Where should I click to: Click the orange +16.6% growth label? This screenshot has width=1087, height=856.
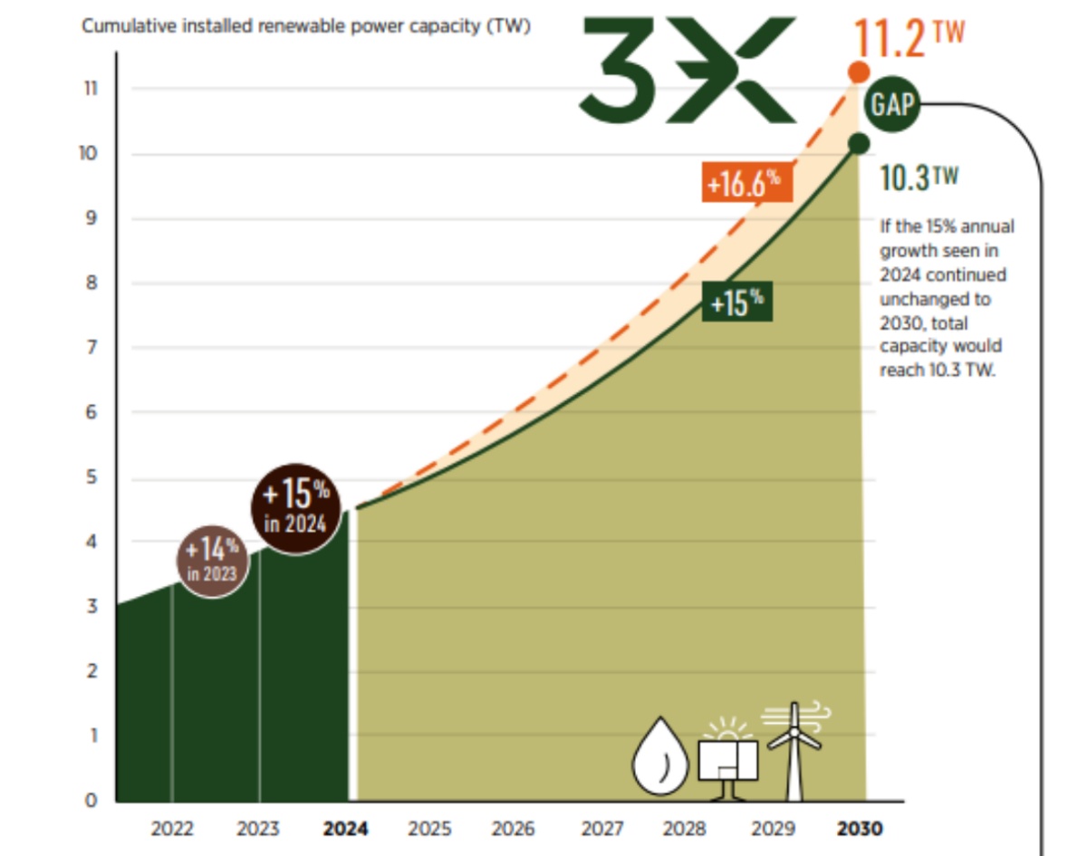(x=746, y=183)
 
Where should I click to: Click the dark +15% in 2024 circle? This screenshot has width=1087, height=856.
(x=295, y=507)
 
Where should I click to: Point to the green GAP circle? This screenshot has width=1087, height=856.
(x=892, y=104)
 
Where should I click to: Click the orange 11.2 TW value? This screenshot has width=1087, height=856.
(x=909, y=38)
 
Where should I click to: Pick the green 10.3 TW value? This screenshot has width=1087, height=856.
(x=919, y=178)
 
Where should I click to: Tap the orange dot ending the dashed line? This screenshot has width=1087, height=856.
(x=858, y=72)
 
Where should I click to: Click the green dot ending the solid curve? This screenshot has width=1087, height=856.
(x=859, y=143)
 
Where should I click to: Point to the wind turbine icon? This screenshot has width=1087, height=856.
(x=794, y=747)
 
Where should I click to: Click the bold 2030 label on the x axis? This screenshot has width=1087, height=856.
(x=859, y=829)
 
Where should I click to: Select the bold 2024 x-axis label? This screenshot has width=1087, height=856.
(x=345, y=829)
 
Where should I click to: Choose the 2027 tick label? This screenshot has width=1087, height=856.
(x=601, y=829)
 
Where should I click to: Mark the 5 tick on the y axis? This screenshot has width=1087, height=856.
(x=91, y=477)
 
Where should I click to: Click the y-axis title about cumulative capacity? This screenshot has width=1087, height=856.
(x=306, y=26)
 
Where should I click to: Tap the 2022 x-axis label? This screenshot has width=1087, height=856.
(x=172, y=829)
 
